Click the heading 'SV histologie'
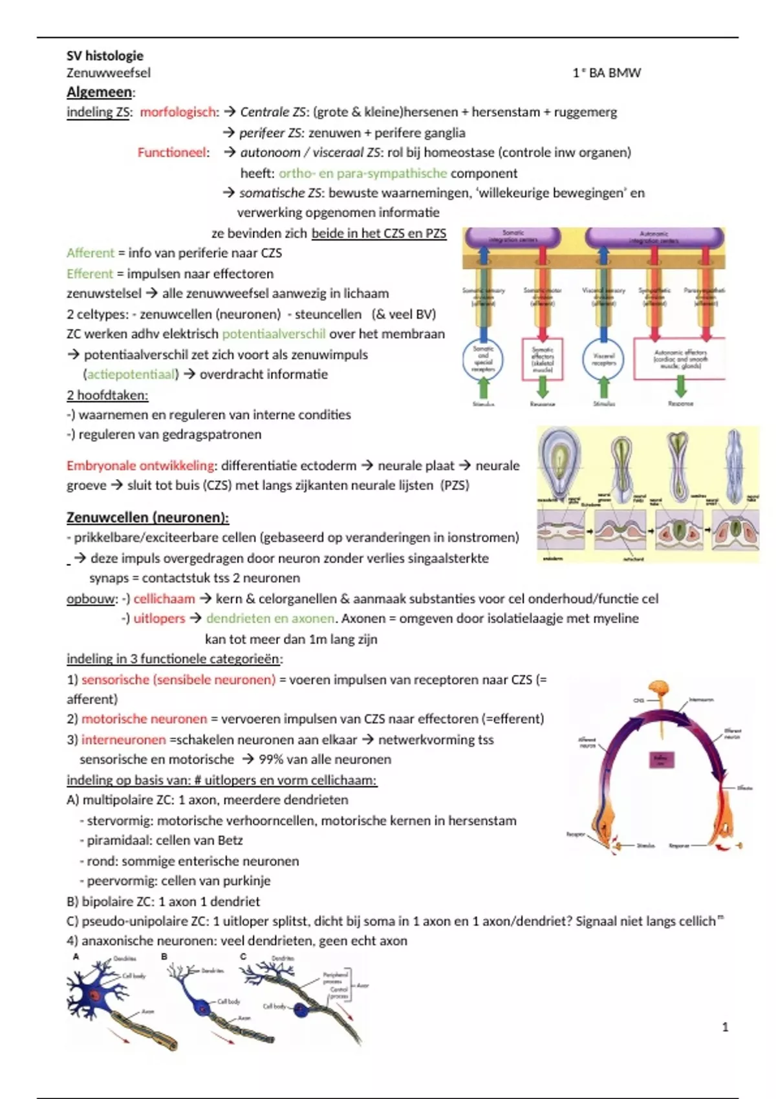coord(105,56)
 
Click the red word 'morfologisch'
coord(178,112)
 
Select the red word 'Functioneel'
coord(173,153)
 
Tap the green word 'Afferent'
coord(90,253)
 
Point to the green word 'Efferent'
coord(89,273)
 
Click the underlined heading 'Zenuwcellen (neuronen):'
coord(147,517)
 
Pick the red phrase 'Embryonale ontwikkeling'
coord(140,465)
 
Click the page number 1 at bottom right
coord(725,1027)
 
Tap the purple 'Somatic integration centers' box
coord(513,237)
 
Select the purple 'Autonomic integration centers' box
coord(654,237)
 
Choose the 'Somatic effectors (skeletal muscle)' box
coord(543,359)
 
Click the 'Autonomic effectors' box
coord(680,359)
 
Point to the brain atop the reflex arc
coord(660,690)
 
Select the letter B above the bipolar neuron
coord(164,956)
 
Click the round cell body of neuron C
coord(301,1009)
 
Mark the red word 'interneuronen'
coord(124,740)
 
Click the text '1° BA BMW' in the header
coord(606,73)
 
